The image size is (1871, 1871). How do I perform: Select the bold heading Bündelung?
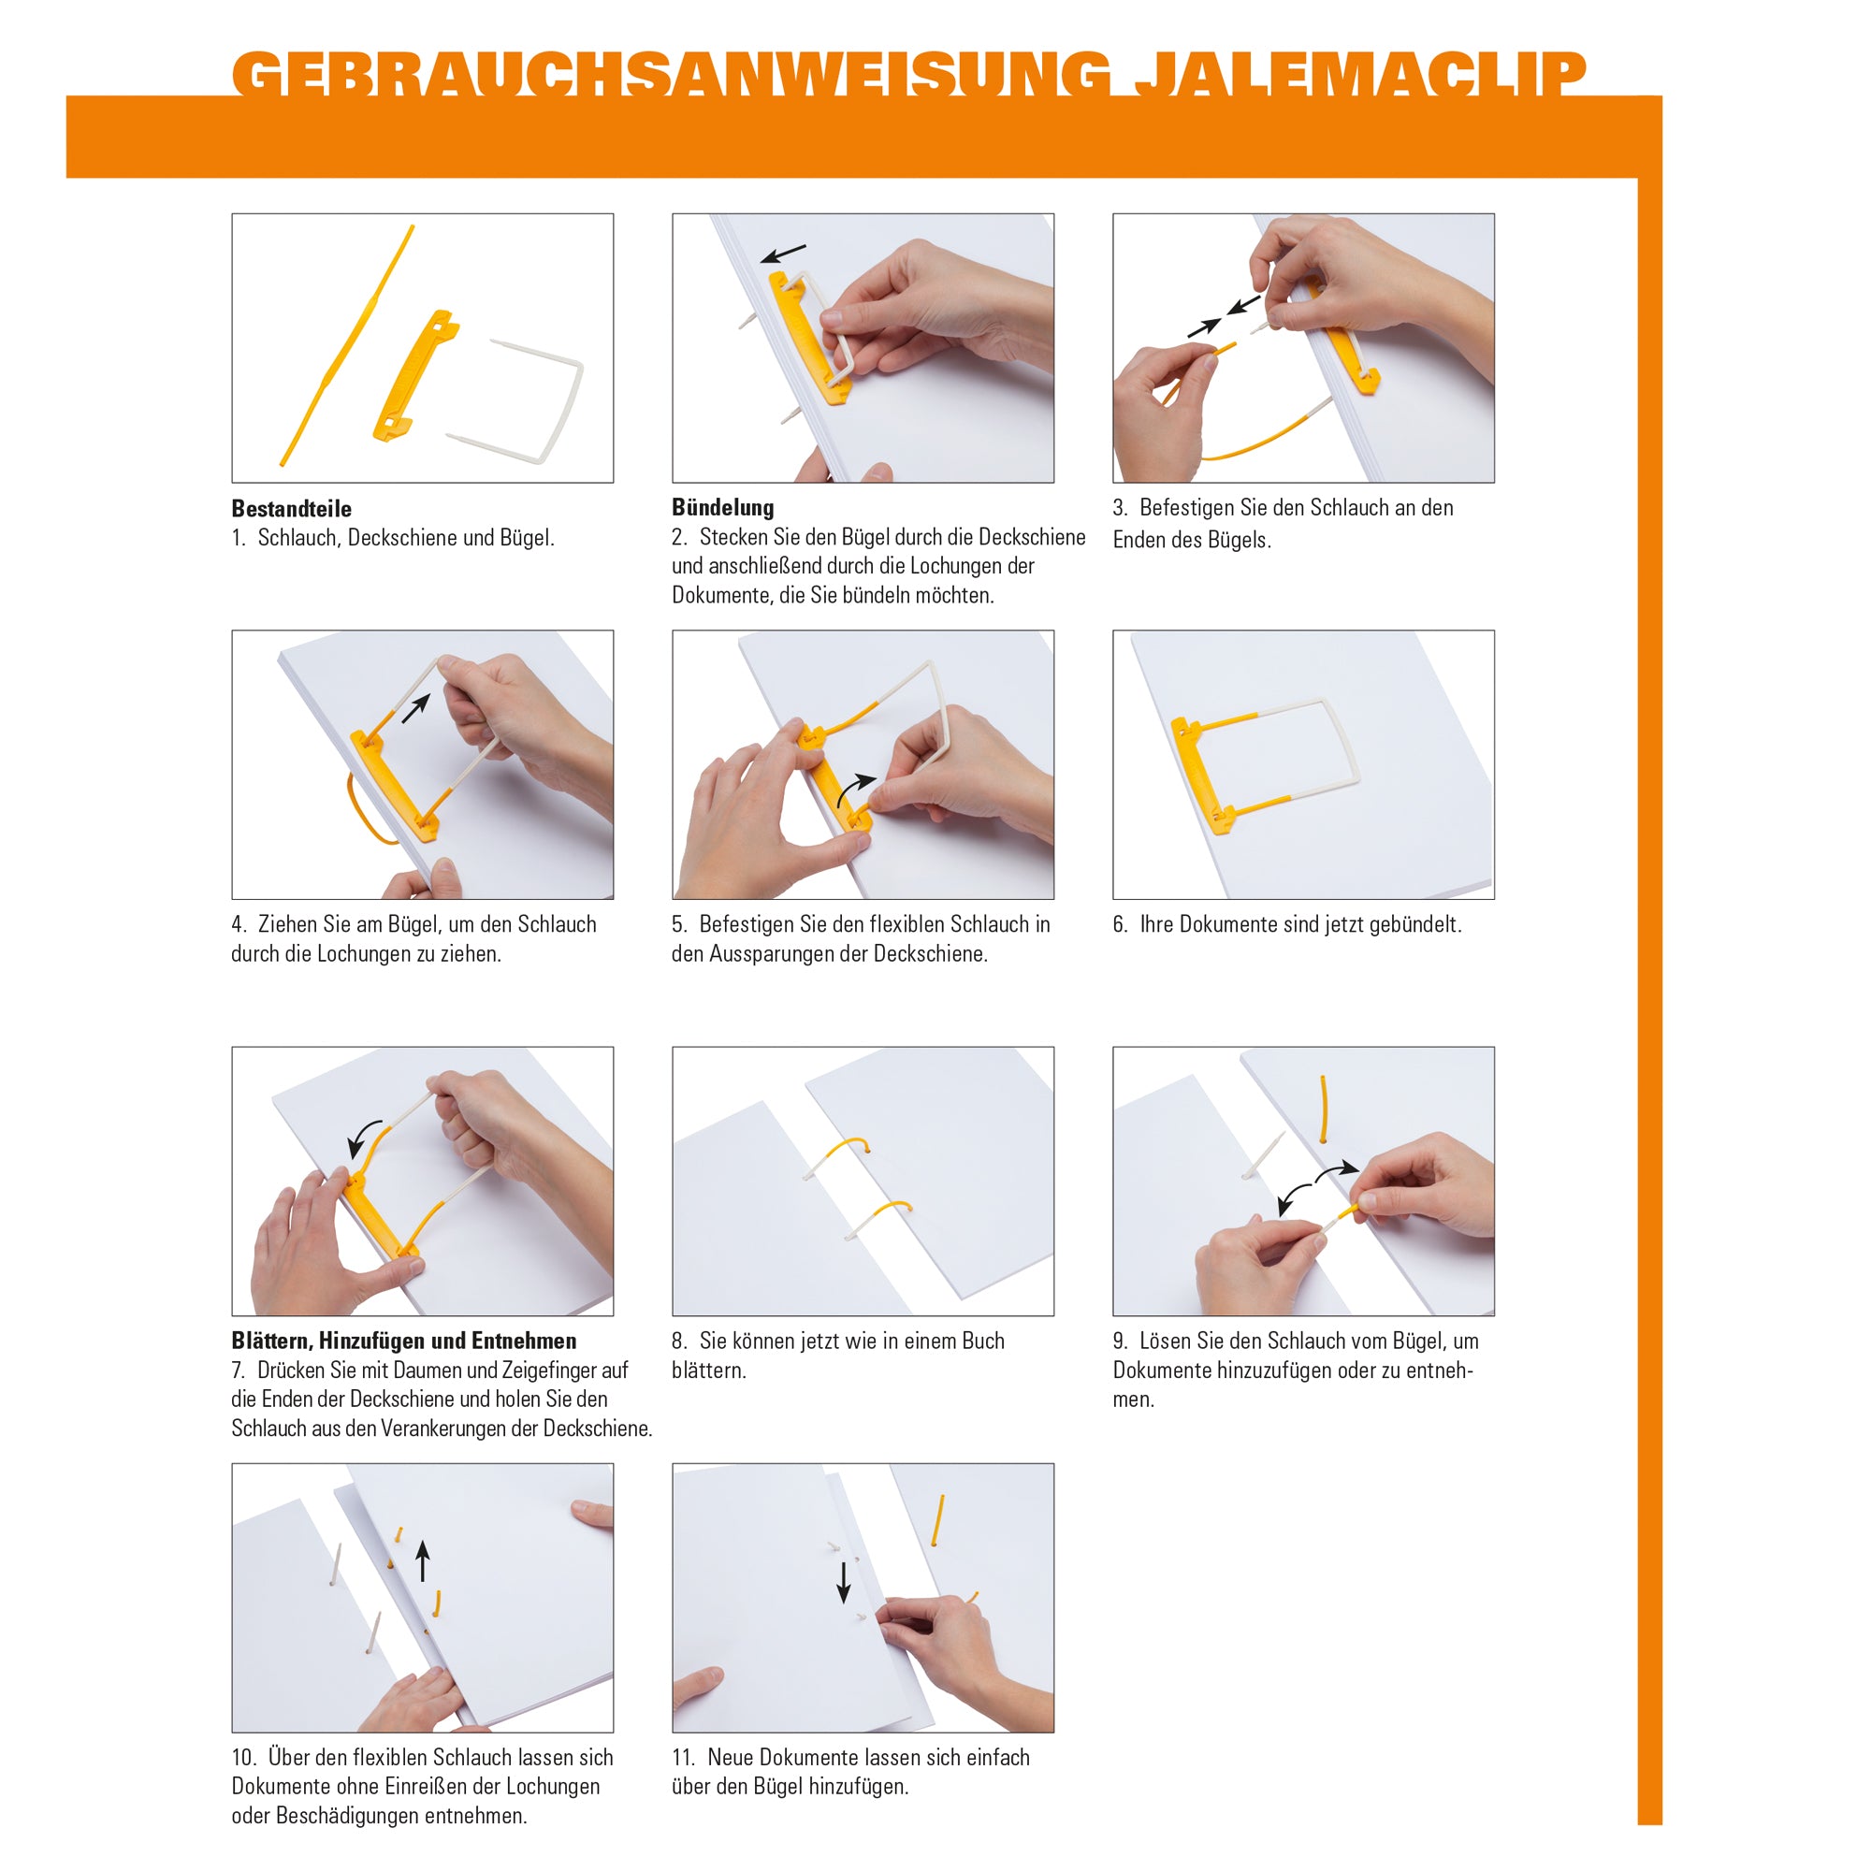[x=722, y=507]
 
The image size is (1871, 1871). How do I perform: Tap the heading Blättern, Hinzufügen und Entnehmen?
[x=404, y=1341]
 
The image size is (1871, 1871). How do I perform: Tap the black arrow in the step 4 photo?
[x=415, y=708]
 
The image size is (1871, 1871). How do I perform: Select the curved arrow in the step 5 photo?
[x=853, y=788]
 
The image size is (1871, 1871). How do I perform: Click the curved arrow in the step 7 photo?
[x=364, y=1138]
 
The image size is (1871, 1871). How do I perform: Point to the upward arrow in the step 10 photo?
[x=422, y=1560]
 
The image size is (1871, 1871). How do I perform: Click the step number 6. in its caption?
[x=1121, y=925]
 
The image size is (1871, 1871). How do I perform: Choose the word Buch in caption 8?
[x=983, y=1342]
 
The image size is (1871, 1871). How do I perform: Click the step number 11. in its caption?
[x=685, y=1758]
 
